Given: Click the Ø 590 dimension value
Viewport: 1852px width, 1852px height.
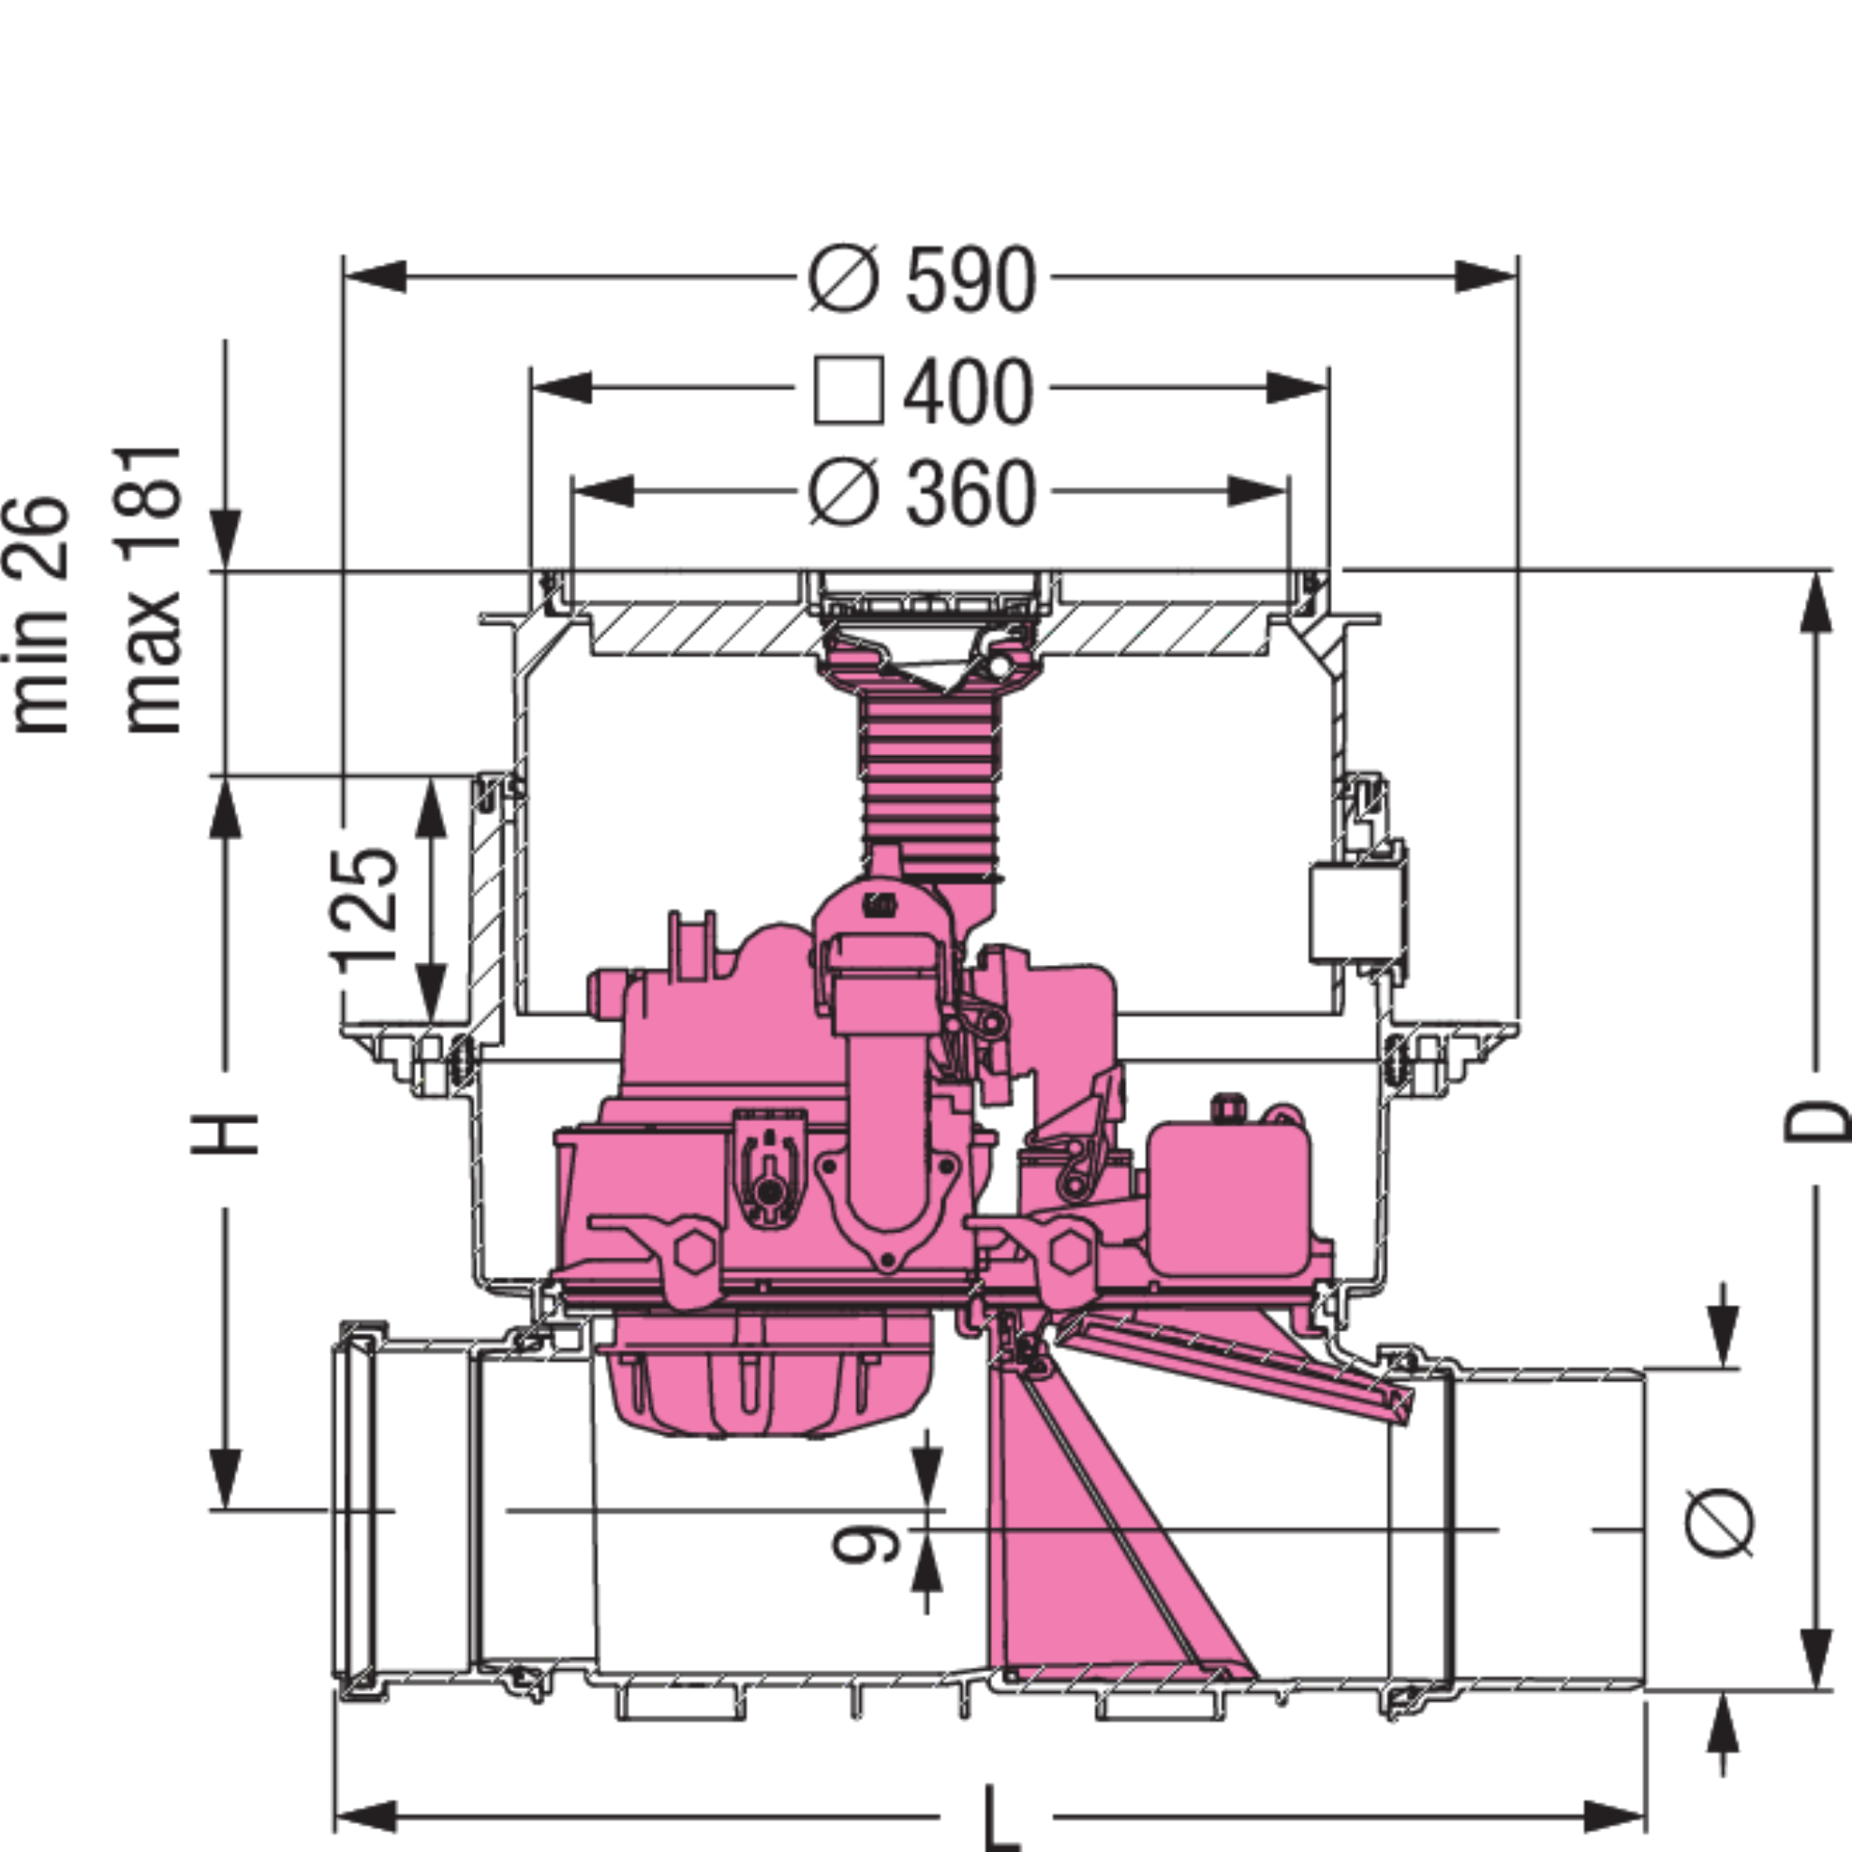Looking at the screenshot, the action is [x=922, y=280].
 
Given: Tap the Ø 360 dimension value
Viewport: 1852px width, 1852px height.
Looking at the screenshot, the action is [x=922, y=493].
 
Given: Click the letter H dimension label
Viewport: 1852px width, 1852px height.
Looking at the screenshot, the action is [x=224, y=1135].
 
